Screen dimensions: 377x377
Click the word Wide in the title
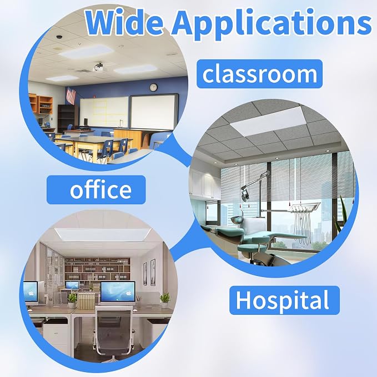(124, 23)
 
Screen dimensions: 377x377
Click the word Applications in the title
(272, 24)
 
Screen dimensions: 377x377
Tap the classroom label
(260, 74)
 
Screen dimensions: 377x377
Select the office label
(96, 190)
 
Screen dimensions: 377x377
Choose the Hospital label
(284, 300)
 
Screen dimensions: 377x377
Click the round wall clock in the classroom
(153, 87)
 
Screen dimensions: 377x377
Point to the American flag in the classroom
(71, 95)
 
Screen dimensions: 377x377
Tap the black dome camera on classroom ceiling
(59, 37)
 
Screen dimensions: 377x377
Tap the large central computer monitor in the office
(118, 292)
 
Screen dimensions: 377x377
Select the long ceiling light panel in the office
(103, 234)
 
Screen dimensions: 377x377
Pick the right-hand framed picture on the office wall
(153, 272)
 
